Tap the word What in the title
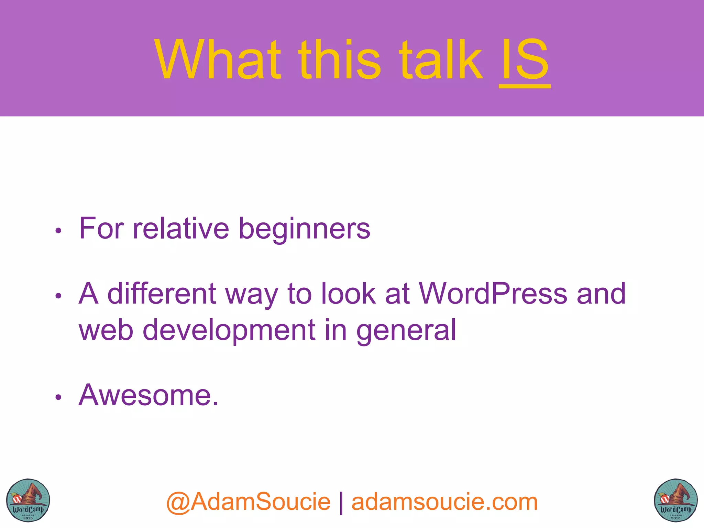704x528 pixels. pos(218,60)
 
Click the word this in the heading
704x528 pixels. pos(340,60)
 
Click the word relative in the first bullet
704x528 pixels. pos(181,229)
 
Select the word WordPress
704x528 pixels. pos(493,294)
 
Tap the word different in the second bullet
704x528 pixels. pos(162,294)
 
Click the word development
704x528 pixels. pos(229,330)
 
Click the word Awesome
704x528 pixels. pos(148,395)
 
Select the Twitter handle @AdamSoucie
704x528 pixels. pos(248,502)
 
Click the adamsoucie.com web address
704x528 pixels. pos(444,502)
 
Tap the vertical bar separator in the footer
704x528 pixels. pos(341,503)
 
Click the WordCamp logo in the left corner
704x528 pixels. pos(28,500)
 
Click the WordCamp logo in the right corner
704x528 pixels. pos(675,500)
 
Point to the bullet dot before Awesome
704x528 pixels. pos(58,397)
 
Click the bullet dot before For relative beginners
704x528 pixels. pos(58,231)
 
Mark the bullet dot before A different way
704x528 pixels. pos(58,296)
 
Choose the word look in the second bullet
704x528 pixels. pos(349,294)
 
